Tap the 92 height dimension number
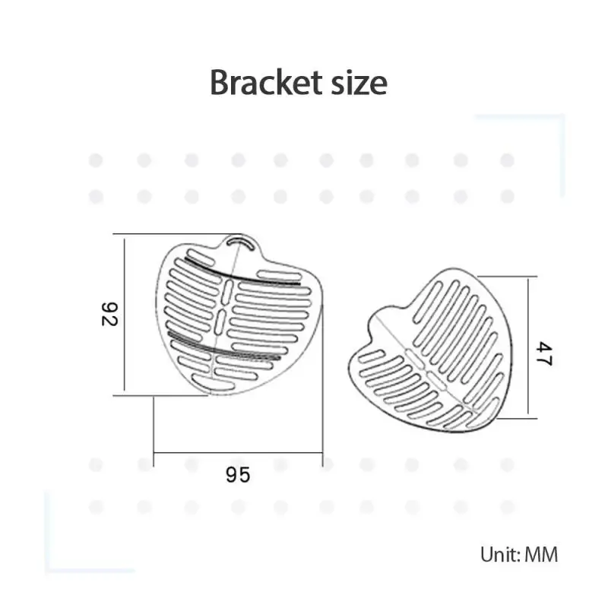(111, 314)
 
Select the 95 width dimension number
(238, 475)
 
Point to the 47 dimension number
(541, 353)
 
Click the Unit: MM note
(518, 554)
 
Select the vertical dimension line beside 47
(527, 346)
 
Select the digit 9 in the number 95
(232, 475)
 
